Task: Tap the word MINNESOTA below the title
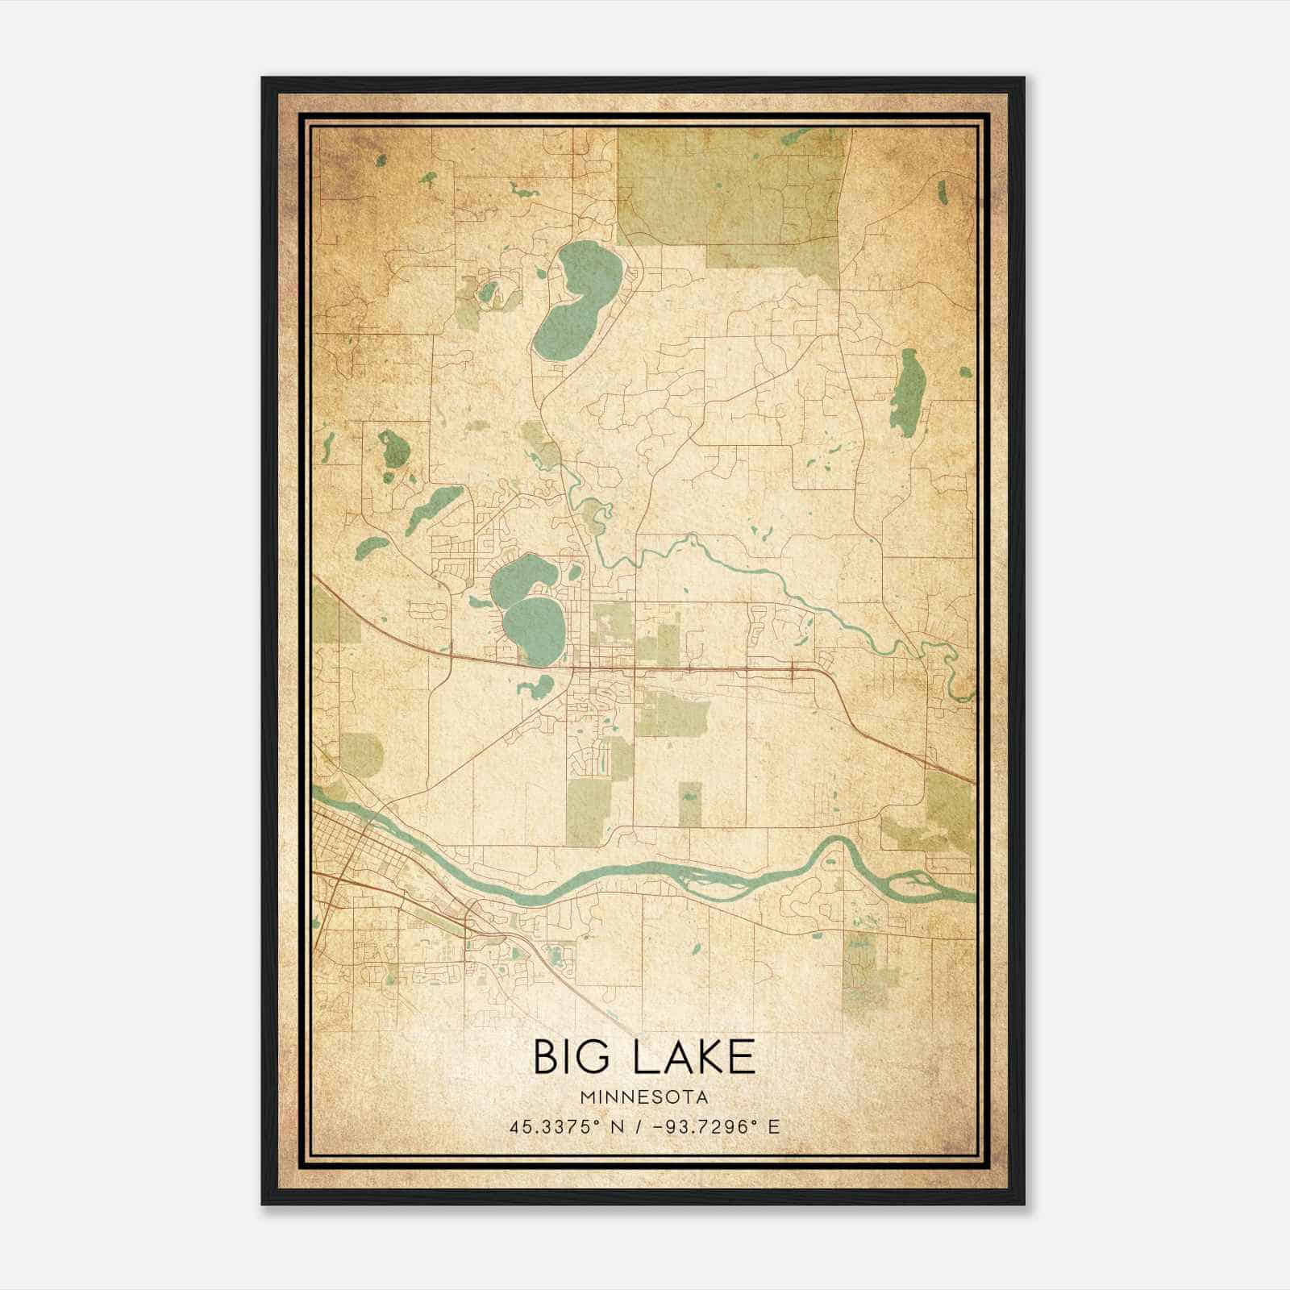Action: pos(644,1097)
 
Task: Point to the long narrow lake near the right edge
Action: pos(909,393)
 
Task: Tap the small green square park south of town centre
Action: pos(689,805)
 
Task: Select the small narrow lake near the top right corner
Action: pos(942,190)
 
